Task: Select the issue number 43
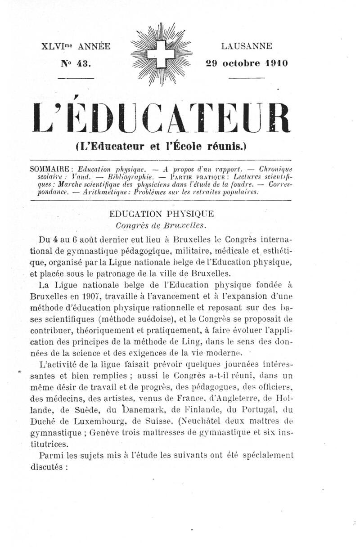pos(84,63)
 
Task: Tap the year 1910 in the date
pos(274,63)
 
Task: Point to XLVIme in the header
pos(57,46)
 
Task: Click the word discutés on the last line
pos(47,466)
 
